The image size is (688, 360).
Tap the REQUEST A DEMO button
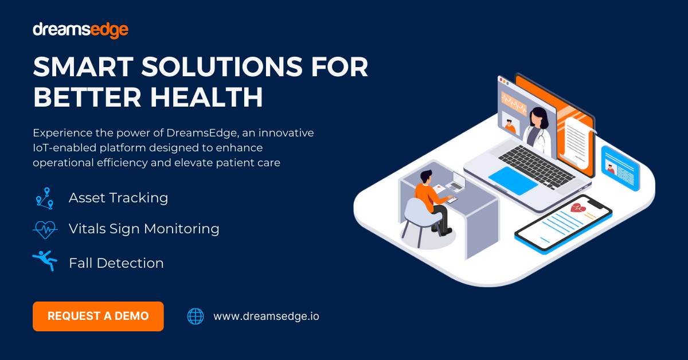point(98,316)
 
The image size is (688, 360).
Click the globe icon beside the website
point(196,316)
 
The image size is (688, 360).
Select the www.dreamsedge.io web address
point(266,316)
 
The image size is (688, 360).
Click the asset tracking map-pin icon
point(44,198)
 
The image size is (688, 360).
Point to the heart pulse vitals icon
point(45,229)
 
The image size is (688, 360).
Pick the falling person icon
point(45,261)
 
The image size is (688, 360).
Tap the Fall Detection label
point(116,263)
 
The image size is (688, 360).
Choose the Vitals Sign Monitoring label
point(144,229)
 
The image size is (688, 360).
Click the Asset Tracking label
point(118,198)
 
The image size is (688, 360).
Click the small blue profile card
point(620,167)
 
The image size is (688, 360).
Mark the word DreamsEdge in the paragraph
point(199,133)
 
